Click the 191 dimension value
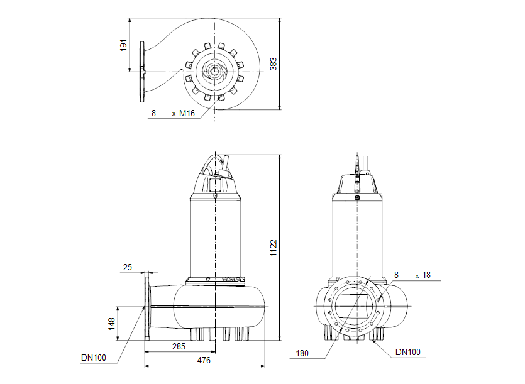(x=124, y=45)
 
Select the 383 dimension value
(x=274, y=63)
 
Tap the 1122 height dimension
(x=274, y=247)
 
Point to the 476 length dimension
(x=204, y=361)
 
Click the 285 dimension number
(x=179, y=347)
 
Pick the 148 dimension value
(x=111, y=324)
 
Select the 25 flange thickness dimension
(x=128, y=268)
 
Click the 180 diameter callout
(x=302, y=354)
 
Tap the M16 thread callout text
(x=187, y=114)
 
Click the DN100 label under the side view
(x=93, y=358)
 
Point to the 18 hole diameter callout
(x=426, y=275)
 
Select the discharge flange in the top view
(x=142, y=71)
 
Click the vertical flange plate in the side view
(x=147, y=308)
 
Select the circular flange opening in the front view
(x=357, y=308)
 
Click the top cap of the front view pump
(x=357, y=183)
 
